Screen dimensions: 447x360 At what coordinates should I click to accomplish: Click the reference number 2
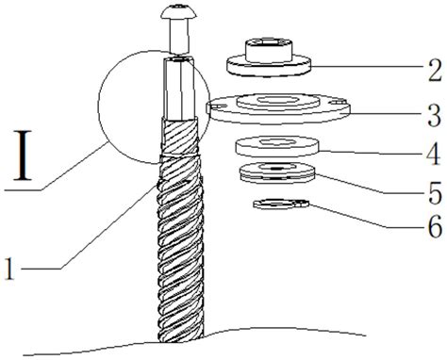(x=435, y=70)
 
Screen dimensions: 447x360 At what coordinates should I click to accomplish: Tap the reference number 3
(x=435, y=115)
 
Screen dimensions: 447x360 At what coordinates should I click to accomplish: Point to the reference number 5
(x=435, y=192)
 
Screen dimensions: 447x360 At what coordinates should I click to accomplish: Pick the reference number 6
(x=435, y=226)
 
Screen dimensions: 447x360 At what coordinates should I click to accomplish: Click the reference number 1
(x=10, y=268)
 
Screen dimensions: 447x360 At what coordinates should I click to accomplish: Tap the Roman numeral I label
(x=23, y=155)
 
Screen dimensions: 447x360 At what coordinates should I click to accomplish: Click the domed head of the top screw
(x=179, y=12)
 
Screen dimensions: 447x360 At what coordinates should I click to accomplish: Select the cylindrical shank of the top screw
(x=179, y=36)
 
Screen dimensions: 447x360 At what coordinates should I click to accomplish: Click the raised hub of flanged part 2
(x=270, y=49)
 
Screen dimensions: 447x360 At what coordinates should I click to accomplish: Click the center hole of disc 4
(x=276, y=142)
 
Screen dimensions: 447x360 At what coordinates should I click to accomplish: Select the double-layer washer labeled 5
(x=276, y=172)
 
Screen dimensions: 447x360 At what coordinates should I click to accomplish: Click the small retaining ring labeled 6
(x=281, y=204)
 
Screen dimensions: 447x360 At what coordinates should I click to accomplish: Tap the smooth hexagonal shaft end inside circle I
(x=179, y=89)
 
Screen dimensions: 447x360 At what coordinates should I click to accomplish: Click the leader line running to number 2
(x=367, y=67)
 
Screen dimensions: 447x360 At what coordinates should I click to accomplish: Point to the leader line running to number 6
(x=351, y=217)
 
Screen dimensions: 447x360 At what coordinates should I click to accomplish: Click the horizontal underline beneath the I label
(x=24, y=189)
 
